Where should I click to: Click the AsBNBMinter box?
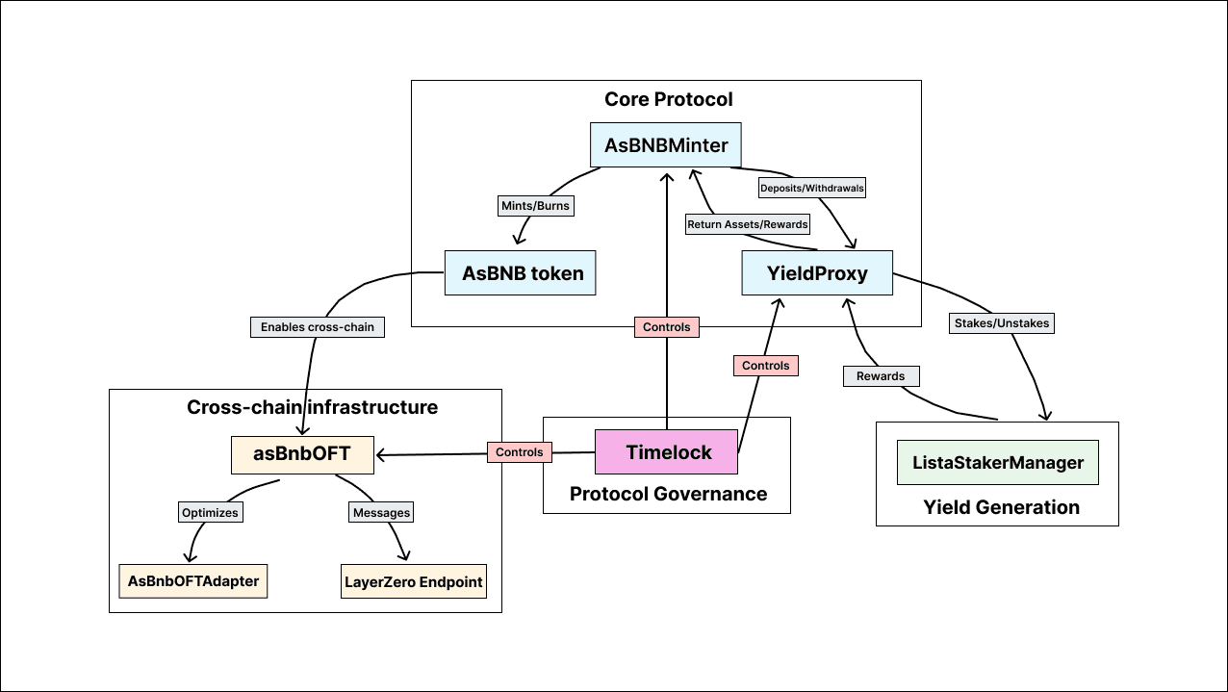click(666, 145)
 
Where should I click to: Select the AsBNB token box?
click(521, 273)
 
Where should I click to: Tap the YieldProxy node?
click(817, 273)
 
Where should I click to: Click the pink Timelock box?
click(667, 452)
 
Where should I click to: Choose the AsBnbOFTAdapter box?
click(193, 581)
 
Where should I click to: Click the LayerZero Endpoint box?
click(414, 581)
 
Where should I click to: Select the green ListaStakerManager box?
click(998, 463)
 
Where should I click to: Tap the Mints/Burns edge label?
click(535, 206)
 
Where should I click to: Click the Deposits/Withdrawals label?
click(811, 189)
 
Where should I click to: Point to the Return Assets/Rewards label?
click(748, 224)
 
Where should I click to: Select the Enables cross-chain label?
click(318, 327)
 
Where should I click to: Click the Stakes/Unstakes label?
click(1002, 323)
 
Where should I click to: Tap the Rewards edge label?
click(881, 375)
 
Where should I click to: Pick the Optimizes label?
click(210, 513)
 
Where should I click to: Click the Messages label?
click(381, 513)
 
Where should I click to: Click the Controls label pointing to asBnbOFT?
click(520, 451)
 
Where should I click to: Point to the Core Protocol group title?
click(668, 99)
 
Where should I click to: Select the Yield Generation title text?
click(1001, 507)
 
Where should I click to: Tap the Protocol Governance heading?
click(668, 494)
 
